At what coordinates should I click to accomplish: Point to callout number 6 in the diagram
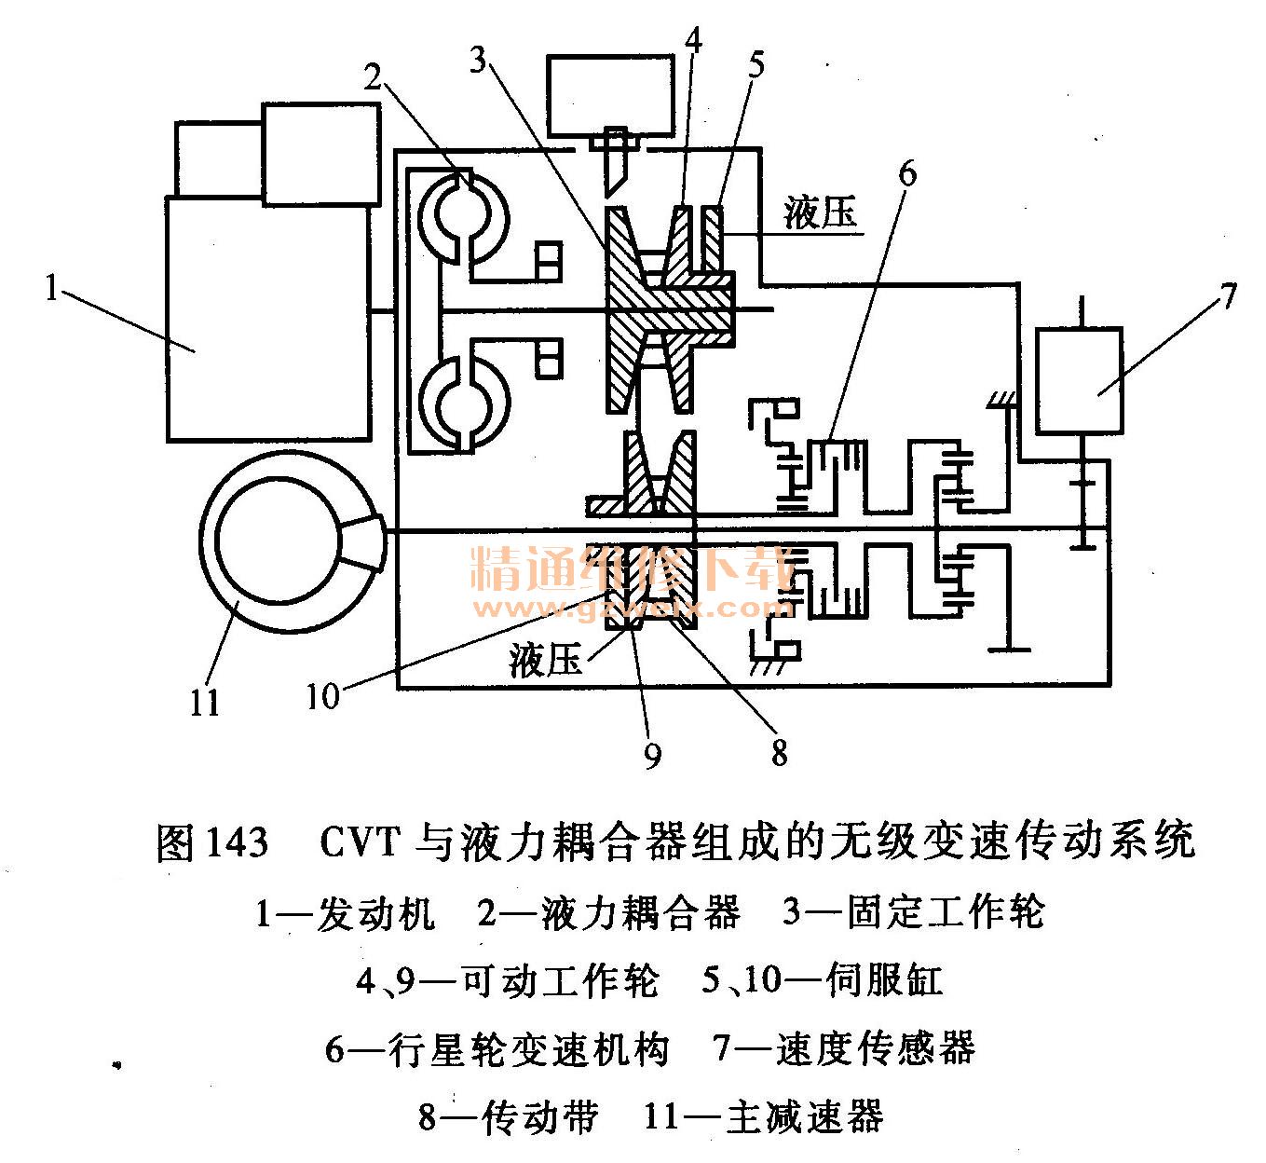point(906,173)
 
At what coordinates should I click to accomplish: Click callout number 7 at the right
point(1227,296)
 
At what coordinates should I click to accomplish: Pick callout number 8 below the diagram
point(779,751)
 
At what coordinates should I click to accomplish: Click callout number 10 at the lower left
point(323,696)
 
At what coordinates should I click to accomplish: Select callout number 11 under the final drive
point(204,701)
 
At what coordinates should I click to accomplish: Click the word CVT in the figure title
point(361,841)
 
